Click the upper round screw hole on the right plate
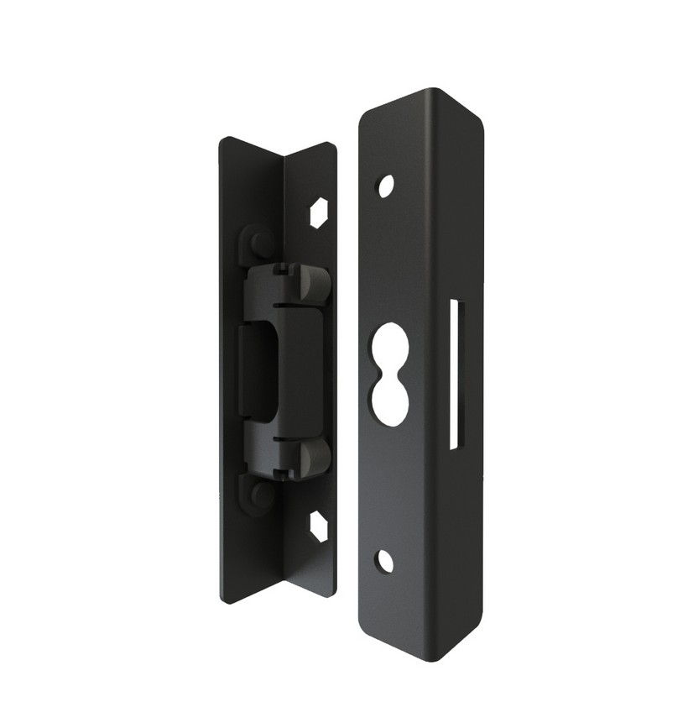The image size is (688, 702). click(385, 186)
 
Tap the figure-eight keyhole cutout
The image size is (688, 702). click(388, 371)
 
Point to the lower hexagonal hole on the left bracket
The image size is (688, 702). click(318, 526)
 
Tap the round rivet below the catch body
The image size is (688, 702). click(260, 494)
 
